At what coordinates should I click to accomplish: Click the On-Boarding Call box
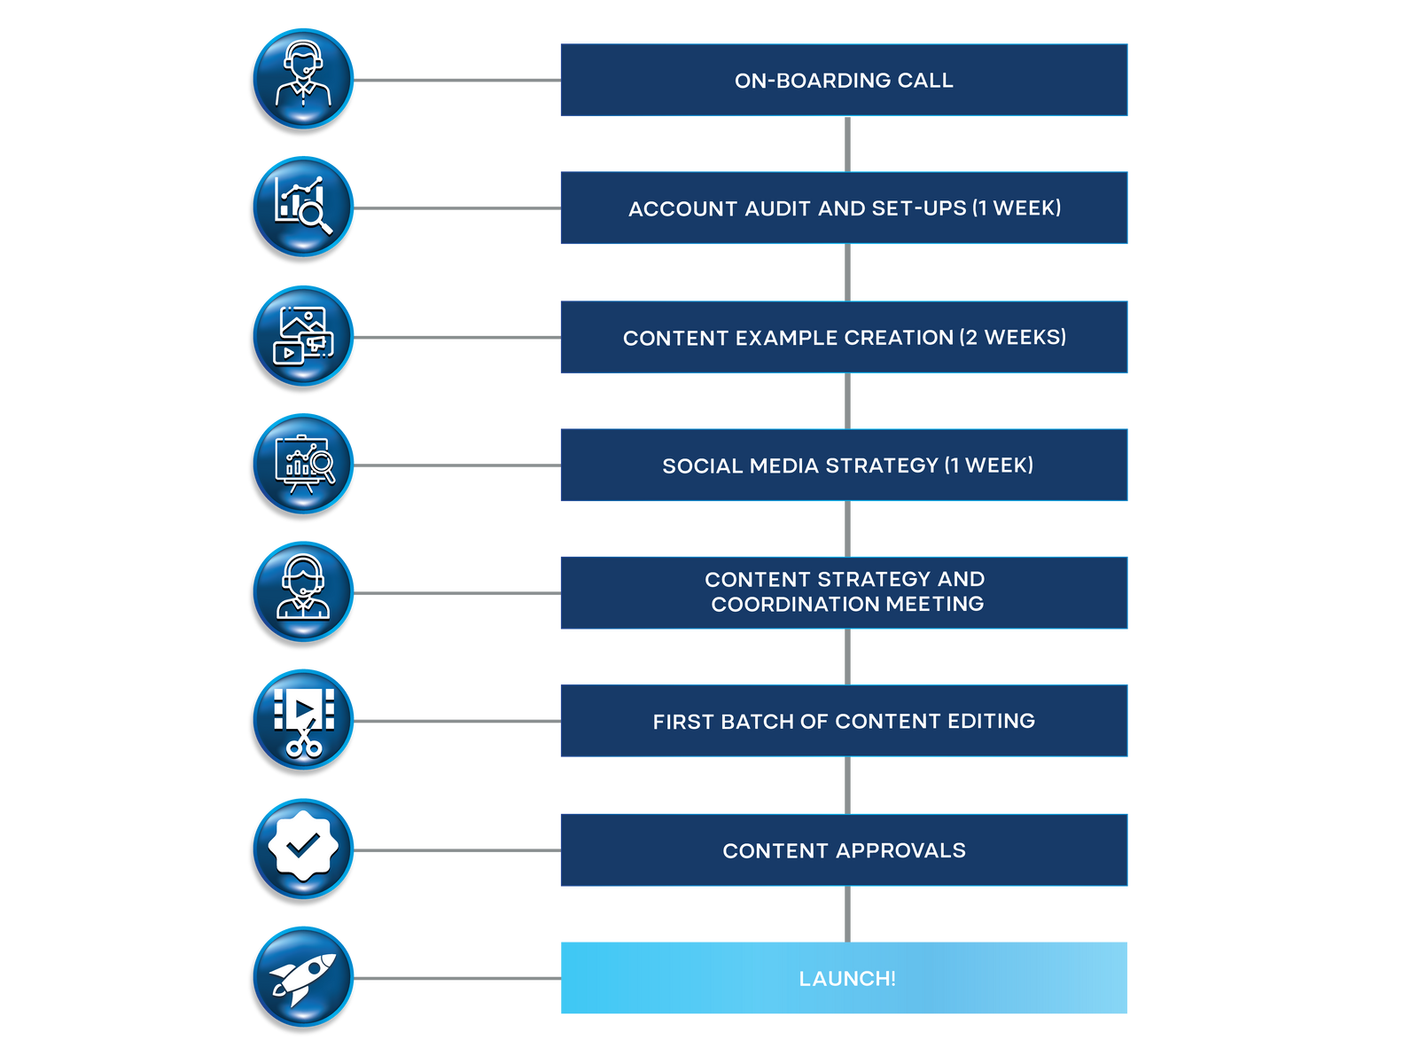tap(844, 80)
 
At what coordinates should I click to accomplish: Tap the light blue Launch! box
tap(844, 978)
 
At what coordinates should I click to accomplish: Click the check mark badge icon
tap(304, 848)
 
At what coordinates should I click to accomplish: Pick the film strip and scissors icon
tap(304, 720)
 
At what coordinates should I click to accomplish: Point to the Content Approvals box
tap(844, 850)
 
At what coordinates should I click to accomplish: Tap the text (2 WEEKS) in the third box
tap(1013, 337)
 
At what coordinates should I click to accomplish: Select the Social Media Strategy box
tap(844, 465)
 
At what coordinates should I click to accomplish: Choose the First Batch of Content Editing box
tap(844, 721)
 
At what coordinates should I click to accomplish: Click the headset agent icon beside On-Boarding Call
tap(304, 78)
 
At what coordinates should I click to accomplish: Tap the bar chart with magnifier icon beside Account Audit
tap(304, 206)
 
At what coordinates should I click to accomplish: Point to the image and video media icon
tap(304, 335)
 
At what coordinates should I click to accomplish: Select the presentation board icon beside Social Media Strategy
tap(304, 463)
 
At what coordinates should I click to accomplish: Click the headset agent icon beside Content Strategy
tap(304, 591)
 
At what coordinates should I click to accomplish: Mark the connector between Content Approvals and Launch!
tap(847, 914)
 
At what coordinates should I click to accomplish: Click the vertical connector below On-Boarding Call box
tap(847, 144)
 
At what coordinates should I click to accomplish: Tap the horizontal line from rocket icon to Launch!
tap(456, 978)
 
